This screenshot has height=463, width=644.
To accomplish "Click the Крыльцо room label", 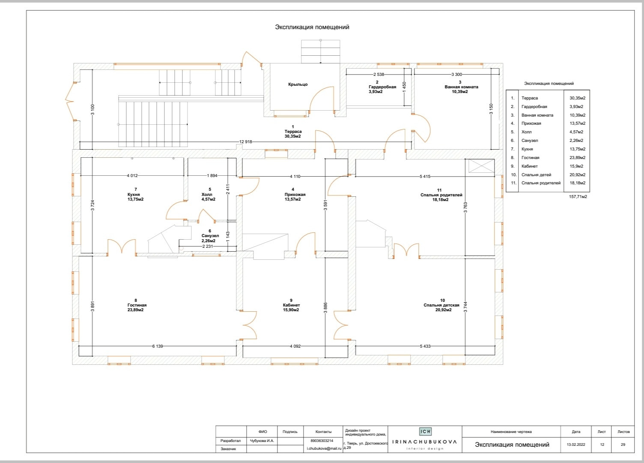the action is click(298, 84).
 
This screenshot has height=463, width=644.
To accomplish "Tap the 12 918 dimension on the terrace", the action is click(245, 141).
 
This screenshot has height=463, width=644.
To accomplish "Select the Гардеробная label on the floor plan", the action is click(382, 87).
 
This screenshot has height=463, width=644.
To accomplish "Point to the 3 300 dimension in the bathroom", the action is click(456, 74).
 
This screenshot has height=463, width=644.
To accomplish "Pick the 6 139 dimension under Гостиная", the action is click(158, 346).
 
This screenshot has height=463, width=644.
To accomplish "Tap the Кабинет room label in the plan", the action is click(291, 305).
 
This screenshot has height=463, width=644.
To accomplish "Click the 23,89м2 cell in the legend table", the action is click(577, 158).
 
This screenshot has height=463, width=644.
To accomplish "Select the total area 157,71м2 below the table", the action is click(578, 196).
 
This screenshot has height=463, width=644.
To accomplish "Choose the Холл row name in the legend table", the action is click(526, 132).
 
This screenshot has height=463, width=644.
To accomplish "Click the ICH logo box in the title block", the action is click(425, 431).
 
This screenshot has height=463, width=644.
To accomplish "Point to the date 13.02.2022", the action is click(576, 445).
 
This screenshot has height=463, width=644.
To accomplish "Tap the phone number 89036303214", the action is click(322, 441).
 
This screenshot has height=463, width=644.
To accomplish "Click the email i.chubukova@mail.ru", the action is click(324, 448).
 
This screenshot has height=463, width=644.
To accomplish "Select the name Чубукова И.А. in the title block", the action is click(262, 441).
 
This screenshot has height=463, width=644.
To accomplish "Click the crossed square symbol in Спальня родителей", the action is click(481, 166).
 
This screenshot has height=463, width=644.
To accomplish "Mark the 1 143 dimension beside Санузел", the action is click(228, 237).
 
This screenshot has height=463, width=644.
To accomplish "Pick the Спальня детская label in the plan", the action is click(441, 305).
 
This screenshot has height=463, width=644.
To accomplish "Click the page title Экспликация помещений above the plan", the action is click(312, 27).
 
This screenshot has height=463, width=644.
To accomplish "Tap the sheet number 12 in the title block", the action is click(602, 445).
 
